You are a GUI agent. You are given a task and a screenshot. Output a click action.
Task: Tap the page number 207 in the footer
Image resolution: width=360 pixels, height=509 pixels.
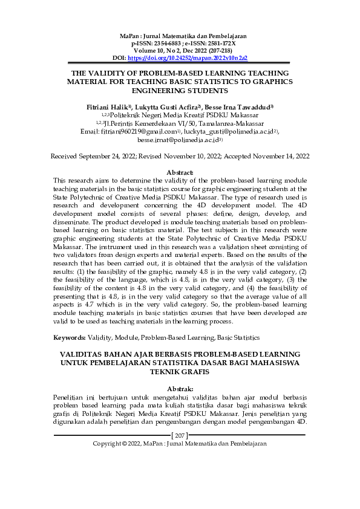180,435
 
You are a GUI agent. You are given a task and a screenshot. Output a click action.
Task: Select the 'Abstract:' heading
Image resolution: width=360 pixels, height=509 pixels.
180,172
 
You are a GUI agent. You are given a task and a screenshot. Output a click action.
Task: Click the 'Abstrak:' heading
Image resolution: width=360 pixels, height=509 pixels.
180,387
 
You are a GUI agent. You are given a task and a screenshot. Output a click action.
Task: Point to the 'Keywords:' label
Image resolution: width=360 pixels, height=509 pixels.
68,337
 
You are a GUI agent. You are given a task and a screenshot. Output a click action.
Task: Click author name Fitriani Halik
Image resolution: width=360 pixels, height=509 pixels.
106,106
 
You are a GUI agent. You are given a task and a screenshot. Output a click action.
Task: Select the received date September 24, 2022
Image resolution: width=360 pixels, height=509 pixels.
110,155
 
